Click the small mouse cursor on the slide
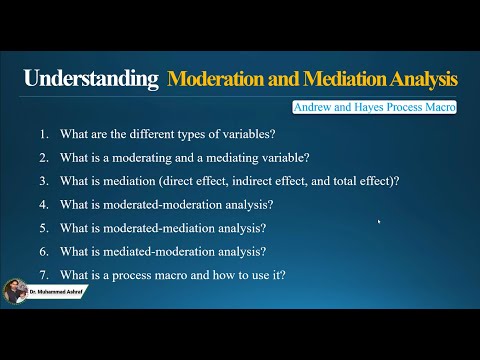pos(379,222)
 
